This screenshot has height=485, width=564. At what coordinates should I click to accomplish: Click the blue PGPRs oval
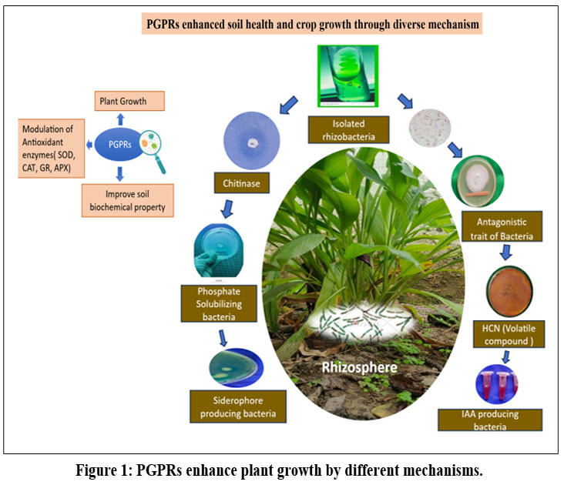[x=115, y=144]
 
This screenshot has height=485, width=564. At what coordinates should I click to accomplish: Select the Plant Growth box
[x=130, y=100]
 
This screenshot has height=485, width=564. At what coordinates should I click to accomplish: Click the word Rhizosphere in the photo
[x=360, y=367]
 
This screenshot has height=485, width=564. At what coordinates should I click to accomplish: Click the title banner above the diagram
[x=313, y=25]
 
